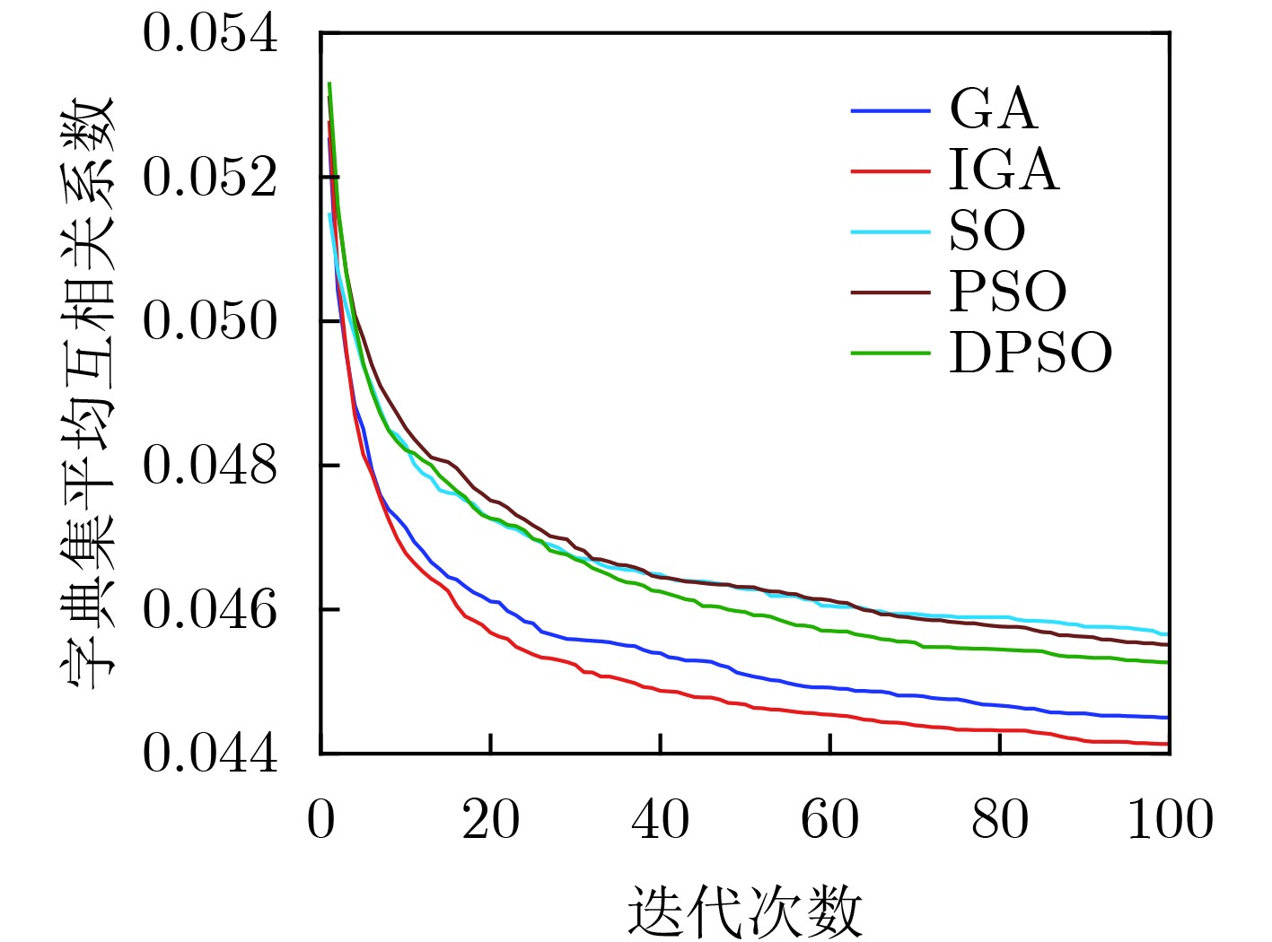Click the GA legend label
[993, 109]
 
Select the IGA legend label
[1004, 170]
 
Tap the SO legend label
[987, 231]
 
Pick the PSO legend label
[1008, 292]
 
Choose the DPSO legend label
[1031, 353]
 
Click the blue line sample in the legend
[890, 110]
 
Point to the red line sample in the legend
[890, 170]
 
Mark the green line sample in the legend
[890, 353]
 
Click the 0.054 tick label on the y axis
[210, 35]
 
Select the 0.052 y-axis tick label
[210, 177]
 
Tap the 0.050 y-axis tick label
[210, 321]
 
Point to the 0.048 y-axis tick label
[210, 466]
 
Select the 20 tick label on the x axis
[490, 820]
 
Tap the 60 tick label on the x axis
[830, 820]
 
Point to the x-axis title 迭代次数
[744, 911]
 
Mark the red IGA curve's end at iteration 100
[1167, 744]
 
